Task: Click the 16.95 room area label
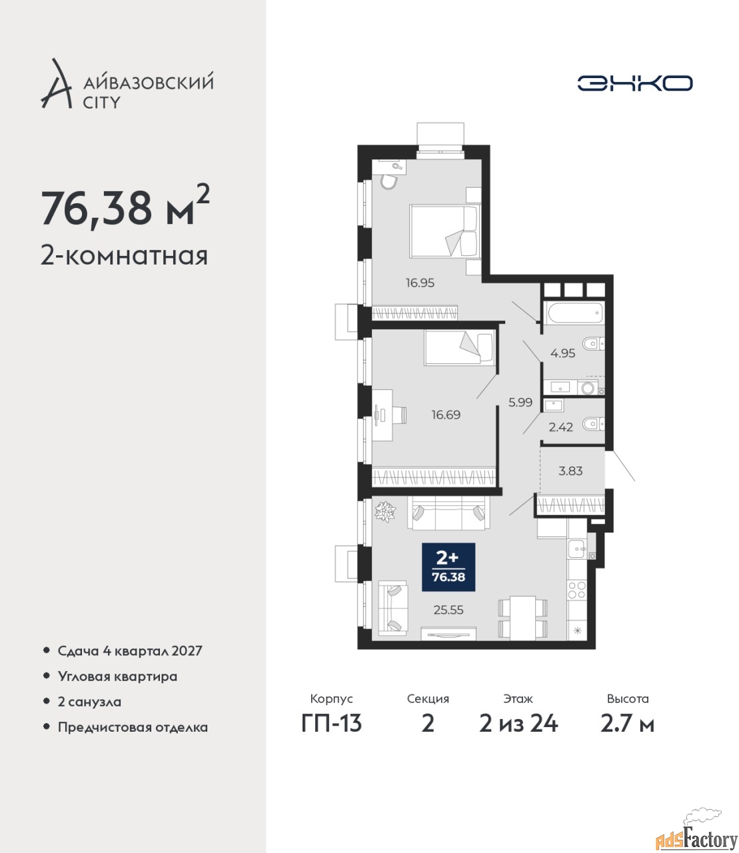tap(420, 283)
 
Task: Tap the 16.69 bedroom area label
tap(446, 415)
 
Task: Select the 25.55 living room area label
tap(448, 610)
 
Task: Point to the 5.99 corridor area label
tap(520, 403)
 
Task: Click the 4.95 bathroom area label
tap(563, 353)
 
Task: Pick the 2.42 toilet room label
tap(561, 427)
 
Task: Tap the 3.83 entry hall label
tap(570, 471)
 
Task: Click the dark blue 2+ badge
tap(448, 567)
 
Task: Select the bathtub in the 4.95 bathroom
tap(574, 313)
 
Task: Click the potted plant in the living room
tap(384, 512)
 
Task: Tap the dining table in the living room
tap(523, 618)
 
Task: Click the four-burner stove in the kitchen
tap(577, 590)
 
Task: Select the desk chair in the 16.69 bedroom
tap(400, 415)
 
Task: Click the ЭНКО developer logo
tap(634, 83)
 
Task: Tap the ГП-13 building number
tap(332, 724)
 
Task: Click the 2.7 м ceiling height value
tap(627, 724)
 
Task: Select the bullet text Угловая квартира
tap(117, 677)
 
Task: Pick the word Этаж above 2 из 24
tap(518, 698)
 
